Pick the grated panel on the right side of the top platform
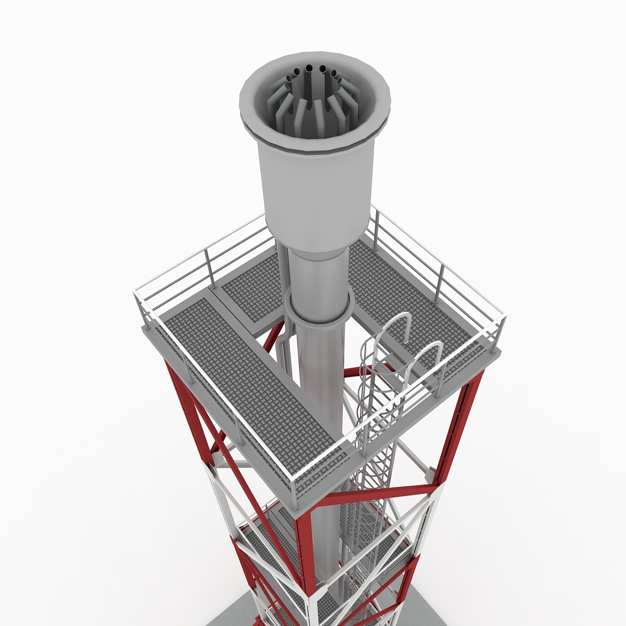[412, 308]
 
